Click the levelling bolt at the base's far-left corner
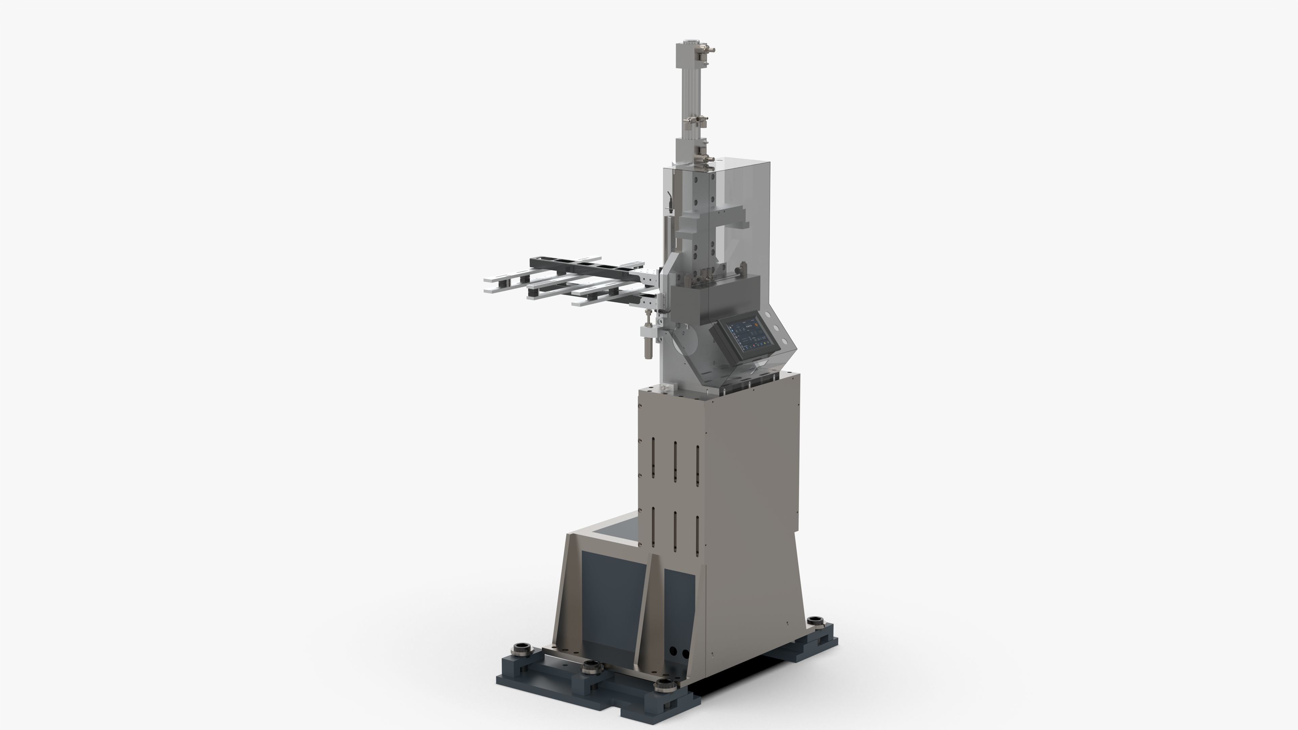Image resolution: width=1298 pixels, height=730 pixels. click(519, 649)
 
